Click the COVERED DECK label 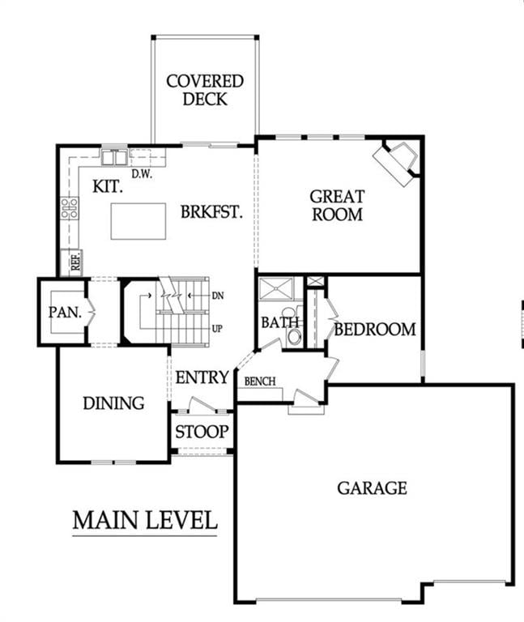[204, 90]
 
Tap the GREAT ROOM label [337, 205]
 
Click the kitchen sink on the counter [114, 156]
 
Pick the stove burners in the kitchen [70, 208]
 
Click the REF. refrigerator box [75, 262]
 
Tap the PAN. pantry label [64, 312]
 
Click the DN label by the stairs [217, 296]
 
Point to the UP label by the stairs [217, 329]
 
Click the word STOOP [202, 432]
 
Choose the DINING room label [113, 403]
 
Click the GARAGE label [372, 488]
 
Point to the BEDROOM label [375, 330]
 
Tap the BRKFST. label [212, 212]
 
